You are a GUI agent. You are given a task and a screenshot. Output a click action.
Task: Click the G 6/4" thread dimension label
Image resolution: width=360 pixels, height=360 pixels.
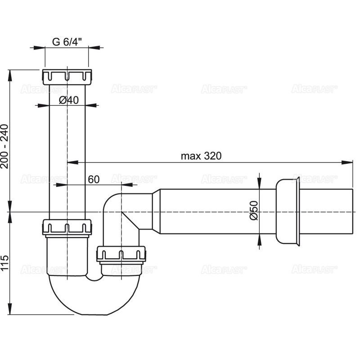point(67,42)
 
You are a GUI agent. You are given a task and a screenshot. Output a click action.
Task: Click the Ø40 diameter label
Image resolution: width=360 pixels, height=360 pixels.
point(68,100)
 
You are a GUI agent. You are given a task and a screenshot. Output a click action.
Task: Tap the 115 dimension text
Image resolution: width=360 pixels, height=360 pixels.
point(5,263)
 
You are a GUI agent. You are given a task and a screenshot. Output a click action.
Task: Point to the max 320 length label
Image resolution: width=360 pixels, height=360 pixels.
point(201,156)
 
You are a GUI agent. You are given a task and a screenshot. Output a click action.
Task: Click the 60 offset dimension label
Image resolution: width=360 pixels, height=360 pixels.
point(93,179)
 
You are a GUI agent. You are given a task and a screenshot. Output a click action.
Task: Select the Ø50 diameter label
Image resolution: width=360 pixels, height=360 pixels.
point(253,211)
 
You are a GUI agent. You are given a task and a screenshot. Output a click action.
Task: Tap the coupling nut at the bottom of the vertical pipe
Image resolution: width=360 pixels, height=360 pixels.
point(67,227)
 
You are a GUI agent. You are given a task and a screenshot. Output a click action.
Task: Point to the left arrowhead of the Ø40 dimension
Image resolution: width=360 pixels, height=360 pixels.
point(45,106)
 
